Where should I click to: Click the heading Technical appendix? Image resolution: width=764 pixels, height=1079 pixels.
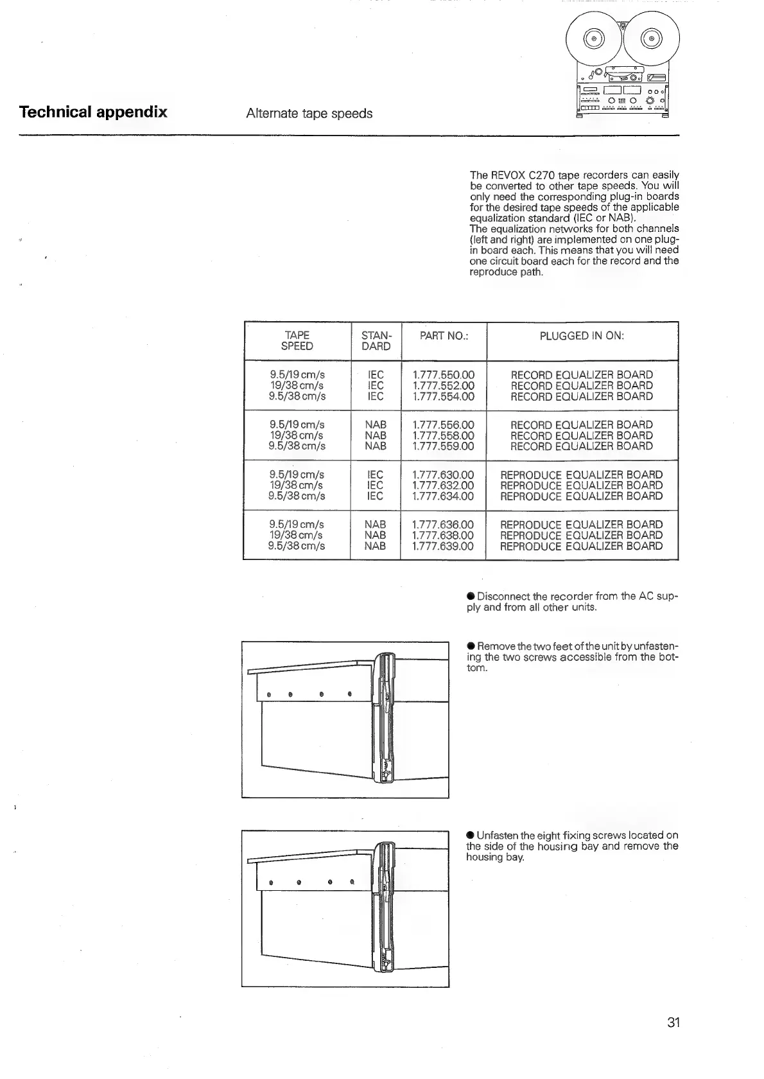click(x=93, y=112)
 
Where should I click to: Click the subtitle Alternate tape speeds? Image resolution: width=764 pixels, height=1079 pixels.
click(x=309, y=114)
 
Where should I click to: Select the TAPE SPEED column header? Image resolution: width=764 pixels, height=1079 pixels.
click(x=297, y=340)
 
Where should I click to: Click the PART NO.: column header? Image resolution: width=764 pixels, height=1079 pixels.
click(x=443, y=335)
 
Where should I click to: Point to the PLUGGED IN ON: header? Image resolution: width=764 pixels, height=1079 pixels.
click(x=582, y=335)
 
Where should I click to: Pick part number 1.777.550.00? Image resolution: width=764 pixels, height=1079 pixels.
click(x=443, y=374)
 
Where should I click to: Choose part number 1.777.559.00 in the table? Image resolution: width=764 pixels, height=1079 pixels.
click(x=443, y=446)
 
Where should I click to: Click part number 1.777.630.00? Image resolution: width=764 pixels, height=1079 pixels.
click(x=443, y=475)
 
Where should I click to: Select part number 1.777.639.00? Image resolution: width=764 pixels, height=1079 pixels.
click(x=443, y=547)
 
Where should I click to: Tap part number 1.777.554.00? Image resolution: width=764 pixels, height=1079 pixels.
click(x=443, y=396)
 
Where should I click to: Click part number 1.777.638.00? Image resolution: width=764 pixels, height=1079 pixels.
click(x=443, y=536)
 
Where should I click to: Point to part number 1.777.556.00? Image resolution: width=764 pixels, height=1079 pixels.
click(x=443, y=425)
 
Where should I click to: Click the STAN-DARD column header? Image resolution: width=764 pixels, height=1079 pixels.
click(x=376, y=340)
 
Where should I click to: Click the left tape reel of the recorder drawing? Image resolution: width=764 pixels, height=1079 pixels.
click(x=594, y=39)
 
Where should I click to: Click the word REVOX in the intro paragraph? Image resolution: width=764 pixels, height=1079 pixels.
click(x=503, y=175)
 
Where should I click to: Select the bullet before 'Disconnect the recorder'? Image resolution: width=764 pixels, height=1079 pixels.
click(x=471, y=596)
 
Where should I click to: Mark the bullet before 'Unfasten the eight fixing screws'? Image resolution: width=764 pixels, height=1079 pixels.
click(x=471, y=835)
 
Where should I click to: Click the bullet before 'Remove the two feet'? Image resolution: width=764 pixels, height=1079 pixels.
click(x=471, y=645)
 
